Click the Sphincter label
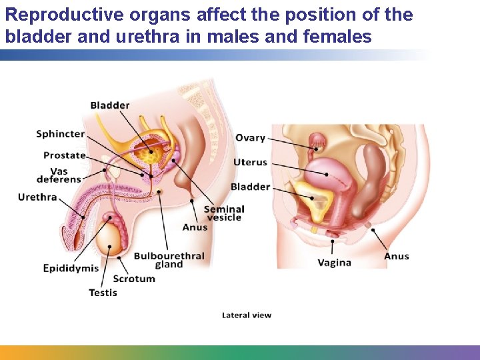point(60,134)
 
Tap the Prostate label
point(65,155)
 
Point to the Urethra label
point(37,197)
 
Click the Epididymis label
point(71,268)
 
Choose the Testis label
point(103,292)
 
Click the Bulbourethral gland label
point(169,260)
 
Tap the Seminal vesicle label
point(224,213)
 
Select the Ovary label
point(250,138)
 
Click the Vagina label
point(334,263)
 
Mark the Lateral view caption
point(247,315)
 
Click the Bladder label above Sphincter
point(110,105)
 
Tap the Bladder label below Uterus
point(250,187)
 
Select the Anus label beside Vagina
point(397,256)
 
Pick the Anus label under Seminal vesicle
point(195,227)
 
